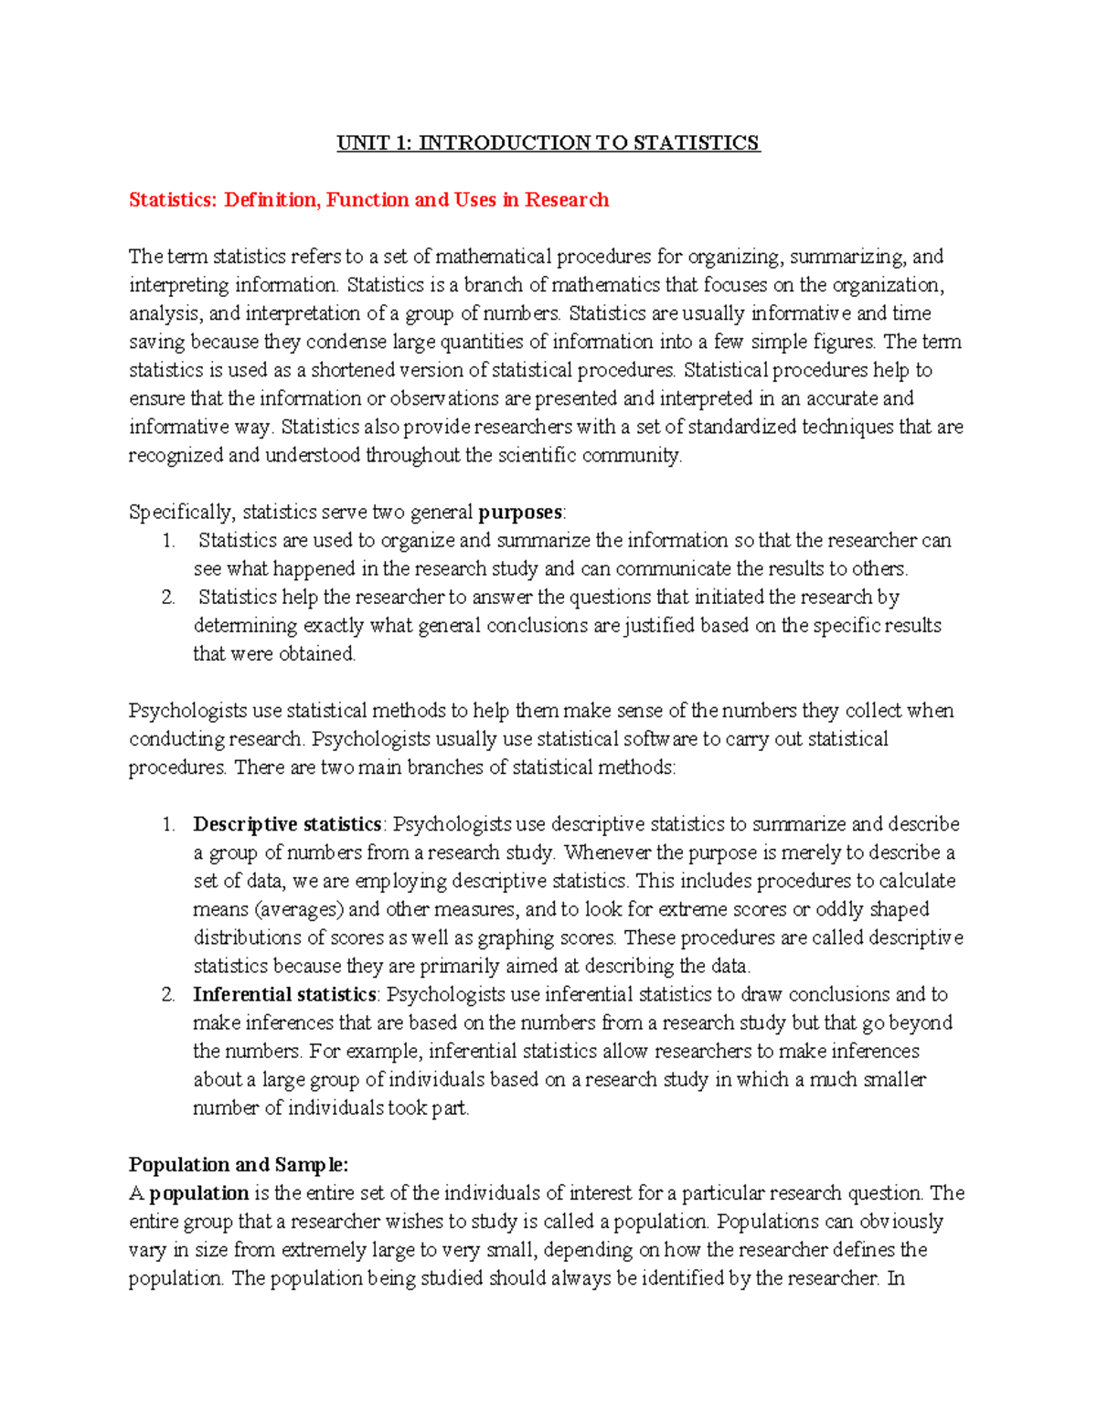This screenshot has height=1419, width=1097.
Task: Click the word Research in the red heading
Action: tap(566, 199)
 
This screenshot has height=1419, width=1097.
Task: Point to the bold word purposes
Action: tap(520, 512)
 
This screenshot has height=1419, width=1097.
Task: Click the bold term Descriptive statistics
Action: tap(287, 824)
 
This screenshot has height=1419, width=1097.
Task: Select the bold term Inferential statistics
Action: tap(284, 994)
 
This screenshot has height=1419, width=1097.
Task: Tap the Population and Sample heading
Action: tap(238, 1164)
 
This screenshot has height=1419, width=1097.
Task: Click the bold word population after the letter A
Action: tap(199, 1192)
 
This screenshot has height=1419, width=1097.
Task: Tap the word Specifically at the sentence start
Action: tap(181, 512)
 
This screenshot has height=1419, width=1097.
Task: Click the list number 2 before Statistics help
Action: tap(168, 597)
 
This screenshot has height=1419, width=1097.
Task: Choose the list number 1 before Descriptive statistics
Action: tap(168, 824)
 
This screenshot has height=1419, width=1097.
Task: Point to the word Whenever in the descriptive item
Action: tap(607, 852)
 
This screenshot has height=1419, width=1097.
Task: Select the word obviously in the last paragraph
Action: tap(901, 1221)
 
